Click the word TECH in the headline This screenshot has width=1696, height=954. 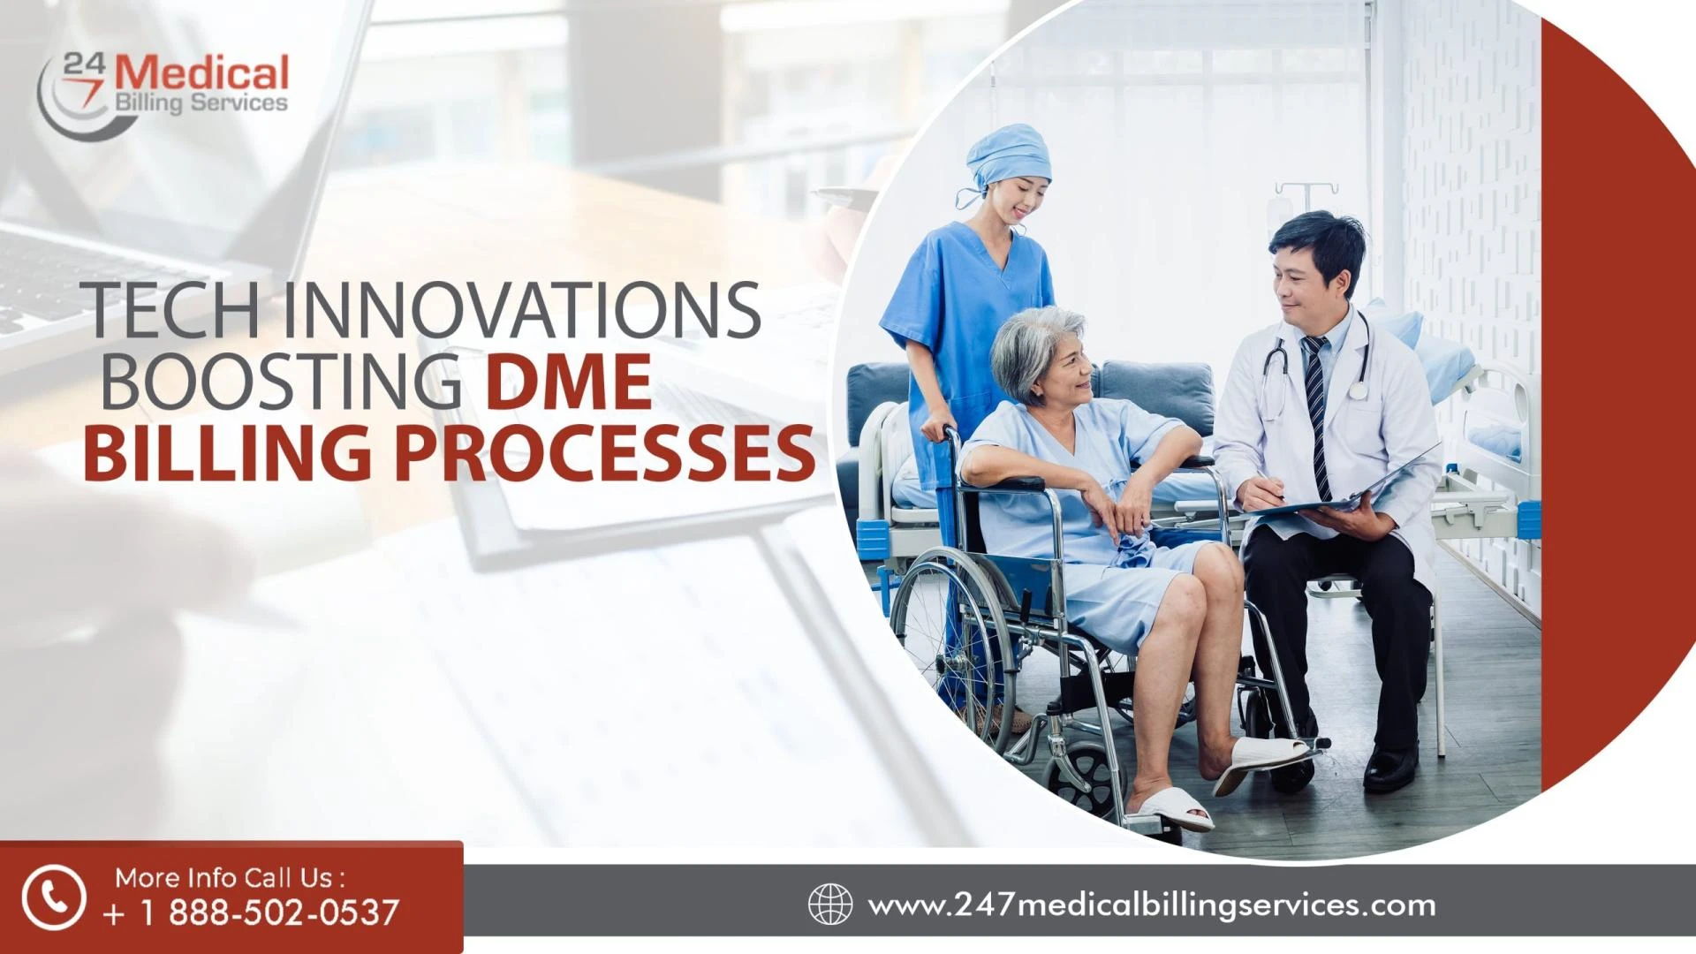click(x=172, y=311)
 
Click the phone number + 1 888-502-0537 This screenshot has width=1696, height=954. click(x=252, y=912)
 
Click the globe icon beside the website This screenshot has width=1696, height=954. click(x=830, y=905)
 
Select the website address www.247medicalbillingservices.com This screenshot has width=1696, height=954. click(x=1152, y=905)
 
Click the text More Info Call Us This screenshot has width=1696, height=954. click(x=230, y=877)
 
